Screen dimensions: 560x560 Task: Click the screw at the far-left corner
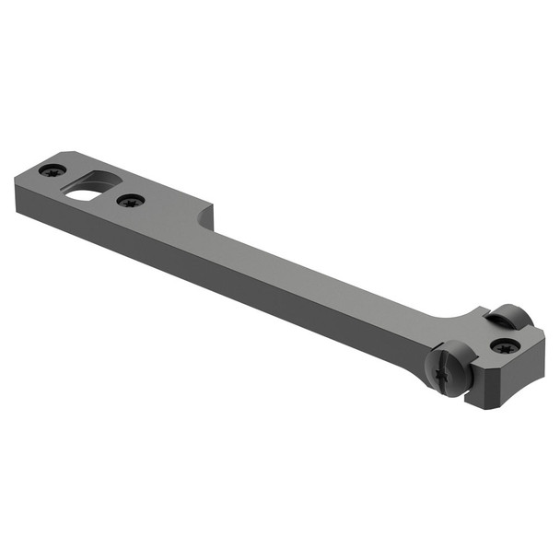click(52, 169)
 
